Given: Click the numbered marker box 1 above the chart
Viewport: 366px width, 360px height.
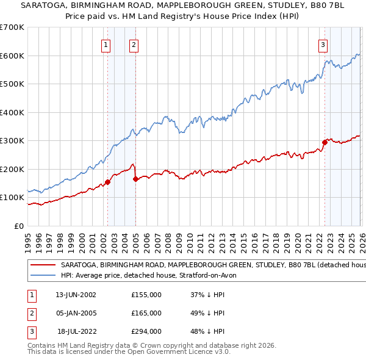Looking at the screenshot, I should coord(106,44).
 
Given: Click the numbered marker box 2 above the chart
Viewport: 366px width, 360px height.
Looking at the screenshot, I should coord(134,44).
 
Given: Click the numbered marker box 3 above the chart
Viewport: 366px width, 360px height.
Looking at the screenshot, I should coord(323,44).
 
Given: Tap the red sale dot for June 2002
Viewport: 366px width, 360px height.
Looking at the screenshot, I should coord(107,182).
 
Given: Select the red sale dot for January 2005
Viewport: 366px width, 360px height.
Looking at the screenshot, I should coord(135,179).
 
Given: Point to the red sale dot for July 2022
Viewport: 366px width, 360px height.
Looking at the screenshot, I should coord(325,143).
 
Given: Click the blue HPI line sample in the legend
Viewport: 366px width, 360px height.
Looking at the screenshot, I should coord(43,275).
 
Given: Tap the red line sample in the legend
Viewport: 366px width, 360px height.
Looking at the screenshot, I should coord(43,265).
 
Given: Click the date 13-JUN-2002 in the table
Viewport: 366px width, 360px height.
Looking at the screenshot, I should coord(76,295).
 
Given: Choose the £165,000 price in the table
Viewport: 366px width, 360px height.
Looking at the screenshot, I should coord(146,313).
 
